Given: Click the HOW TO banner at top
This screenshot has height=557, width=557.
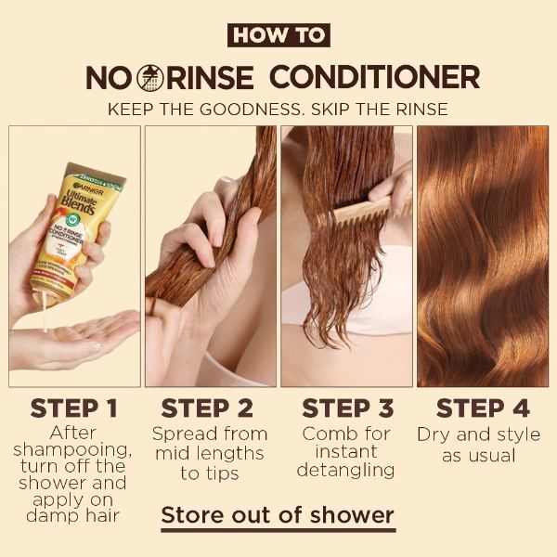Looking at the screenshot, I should click(x=278, y=35).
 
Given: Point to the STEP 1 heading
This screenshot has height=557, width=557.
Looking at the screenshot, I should click(x=75, y=408).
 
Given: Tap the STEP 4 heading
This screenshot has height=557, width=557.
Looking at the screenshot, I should click(x=483, y=408).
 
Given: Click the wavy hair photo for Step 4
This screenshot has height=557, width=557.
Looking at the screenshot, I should click(x=483, y=255).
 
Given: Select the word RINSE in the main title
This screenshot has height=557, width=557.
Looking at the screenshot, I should click(x=212, y=77).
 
